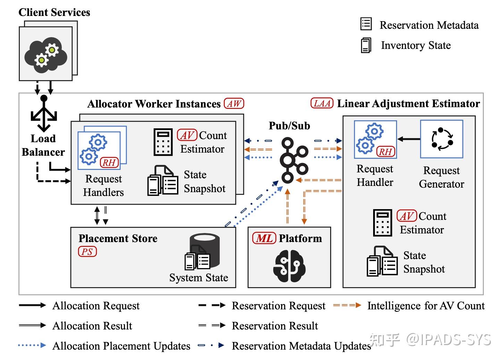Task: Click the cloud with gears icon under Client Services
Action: coord(45,54)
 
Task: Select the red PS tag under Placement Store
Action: coord(87,251)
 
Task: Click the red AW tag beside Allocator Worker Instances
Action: coord(234,104)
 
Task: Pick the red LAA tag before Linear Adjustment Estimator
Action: coord(321,103)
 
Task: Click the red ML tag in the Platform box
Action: coord(264,238)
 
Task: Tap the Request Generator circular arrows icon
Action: coord(442,139)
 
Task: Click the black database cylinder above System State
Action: coord(205,245)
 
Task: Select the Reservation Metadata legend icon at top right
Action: coord(366,24)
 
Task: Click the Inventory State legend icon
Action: coord(366,45)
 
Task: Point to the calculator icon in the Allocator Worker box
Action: coord(163,142)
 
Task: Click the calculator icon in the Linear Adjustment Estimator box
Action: coord(383,223)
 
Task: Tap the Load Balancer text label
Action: coord(43,145)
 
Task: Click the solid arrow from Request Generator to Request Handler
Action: coord(409,139)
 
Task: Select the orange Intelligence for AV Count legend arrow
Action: coord(346,306)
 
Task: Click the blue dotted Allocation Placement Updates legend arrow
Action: coord(32,345)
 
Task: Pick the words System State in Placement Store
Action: coord(199,278)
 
